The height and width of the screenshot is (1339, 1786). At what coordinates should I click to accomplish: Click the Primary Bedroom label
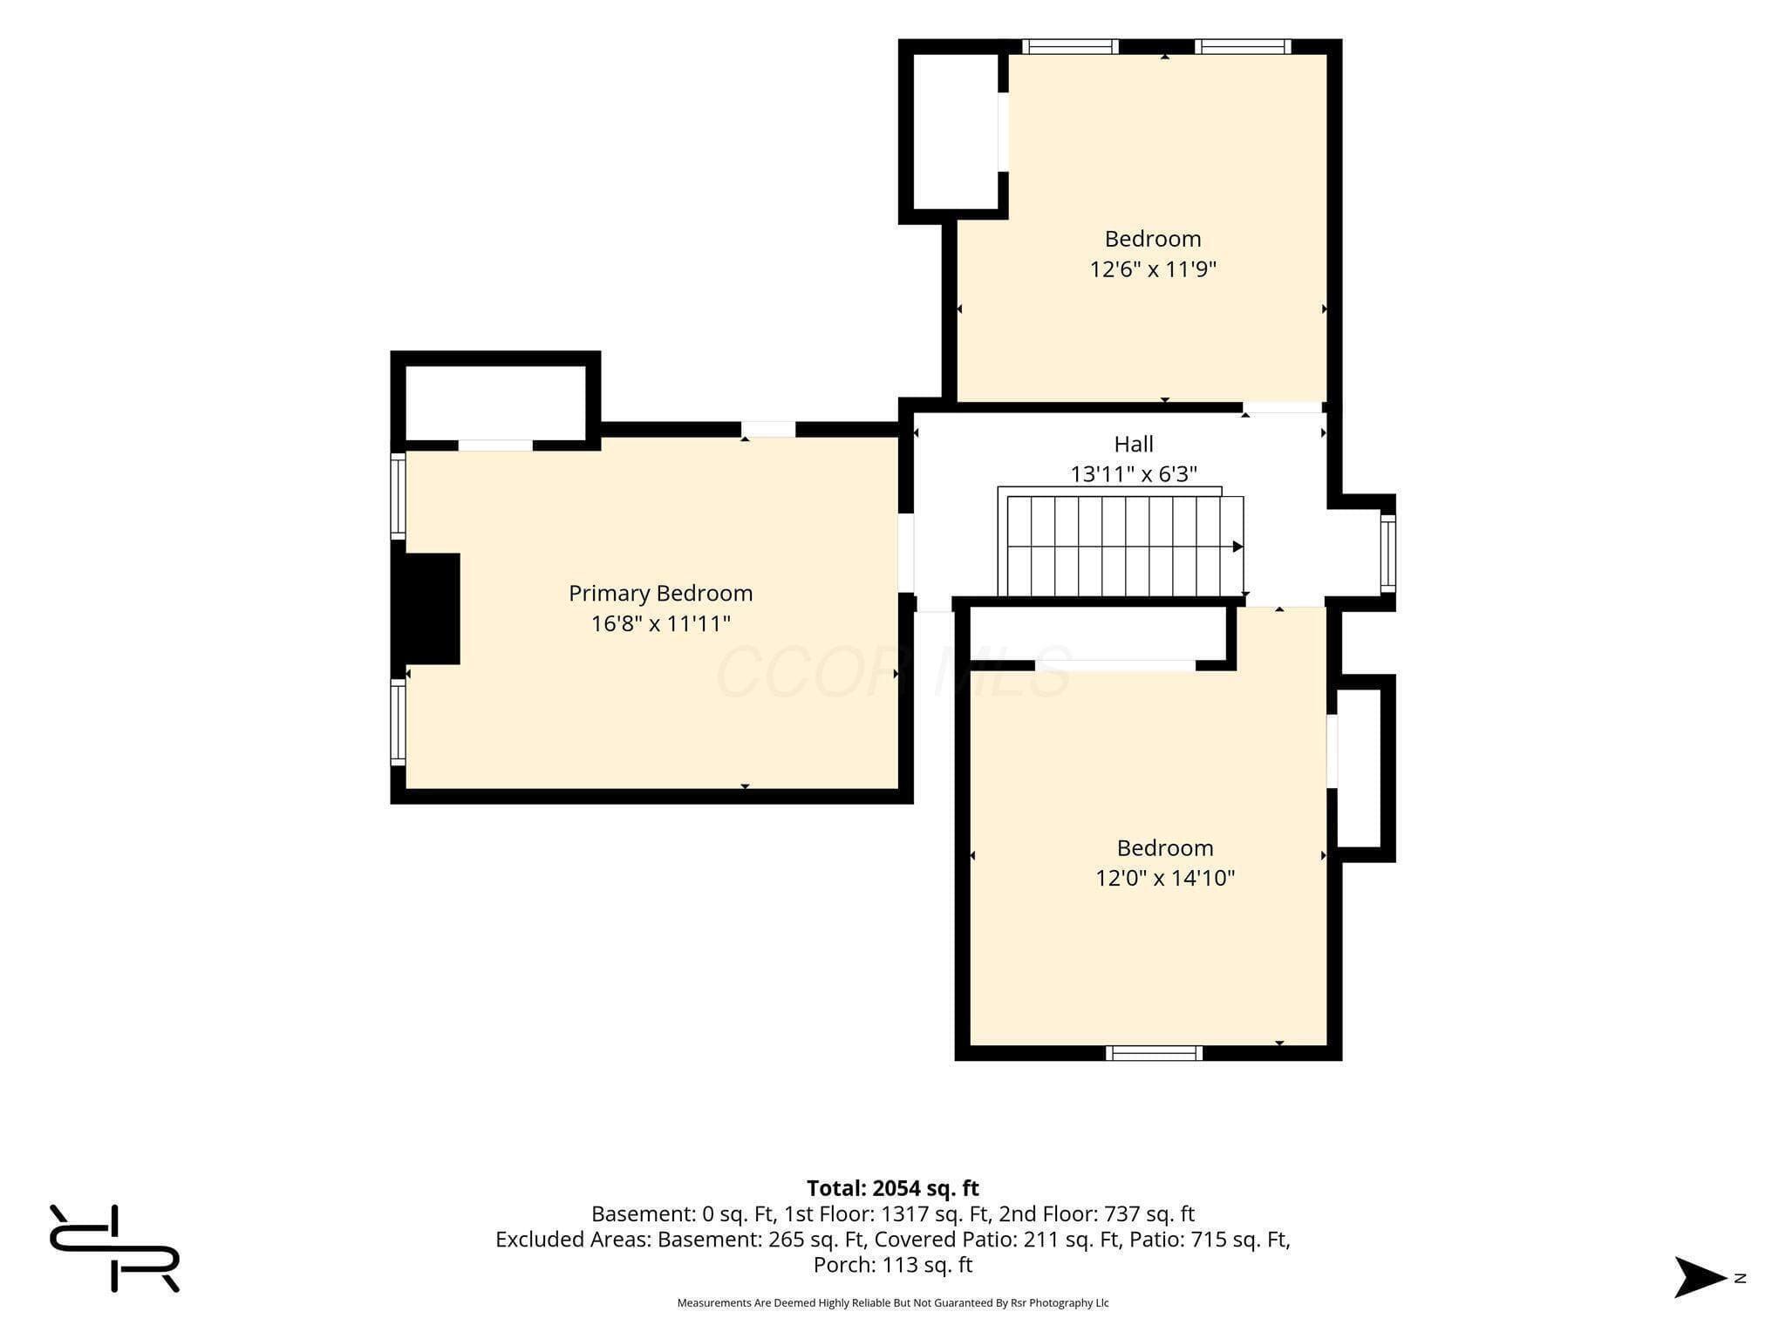pyautogui.click(x=660, y=594)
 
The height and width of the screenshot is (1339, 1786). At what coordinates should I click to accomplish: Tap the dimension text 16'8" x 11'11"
pyautogui.click(x=660, y=623)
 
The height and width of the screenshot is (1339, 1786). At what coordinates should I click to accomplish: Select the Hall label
pyautogui.click(x=1134, y=445)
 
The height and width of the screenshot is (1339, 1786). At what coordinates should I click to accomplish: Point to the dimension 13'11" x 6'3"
pyautogui.click(x=1134, y=474)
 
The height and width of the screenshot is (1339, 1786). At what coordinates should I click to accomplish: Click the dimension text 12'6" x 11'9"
pyautogui.click(x=1153, y=268)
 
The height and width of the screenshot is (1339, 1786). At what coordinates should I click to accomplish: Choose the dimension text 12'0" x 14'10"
pyautogui.click(x=1165, y=878)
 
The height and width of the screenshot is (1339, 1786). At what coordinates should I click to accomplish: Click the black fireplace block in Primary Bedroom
pyautogui.click(x=428, y=608)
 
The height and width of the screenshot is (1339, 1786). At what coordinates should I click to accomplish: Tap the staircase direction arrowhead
pyautogui.click(x=1237, y=547)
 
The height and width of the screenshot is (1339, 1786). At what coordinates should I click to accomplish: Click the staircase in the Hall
pyautogui.click(x=1121, y=542)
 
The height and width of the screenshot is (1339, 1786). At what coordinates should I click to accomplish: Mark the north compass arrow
pyautogui.click(x=1700, y=1278)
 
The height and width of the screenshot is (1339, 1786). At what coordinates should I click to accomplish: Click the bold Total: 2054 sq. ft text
pyautogui.click(x=893, y=1188)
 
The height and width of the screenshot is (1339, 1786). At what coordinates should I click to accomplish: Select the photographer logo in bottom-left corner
pyautogui.click(x=114, y=1248)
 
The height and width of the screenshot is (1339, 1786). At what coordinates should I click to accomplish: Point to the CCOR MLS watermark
pyautogui.click(x=893, y=672)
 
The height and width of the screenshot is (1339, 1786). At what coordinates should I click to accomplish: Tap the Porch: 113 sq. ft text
pyautogui.click(x=893, y=1265)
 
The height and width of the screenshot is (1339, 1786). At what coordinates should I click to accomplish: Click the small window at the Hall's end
pyautogui.click(x=1387, y=554)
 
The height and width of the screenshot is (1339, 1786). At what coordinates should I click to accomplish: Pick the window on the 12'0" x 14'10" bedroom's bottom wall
pyautogui.click(x=1154, y=1053)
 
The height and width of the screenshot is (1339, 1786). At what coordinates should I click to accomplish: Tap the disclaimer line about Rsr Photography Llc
pyautogui.click(x=893, y=1303)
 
